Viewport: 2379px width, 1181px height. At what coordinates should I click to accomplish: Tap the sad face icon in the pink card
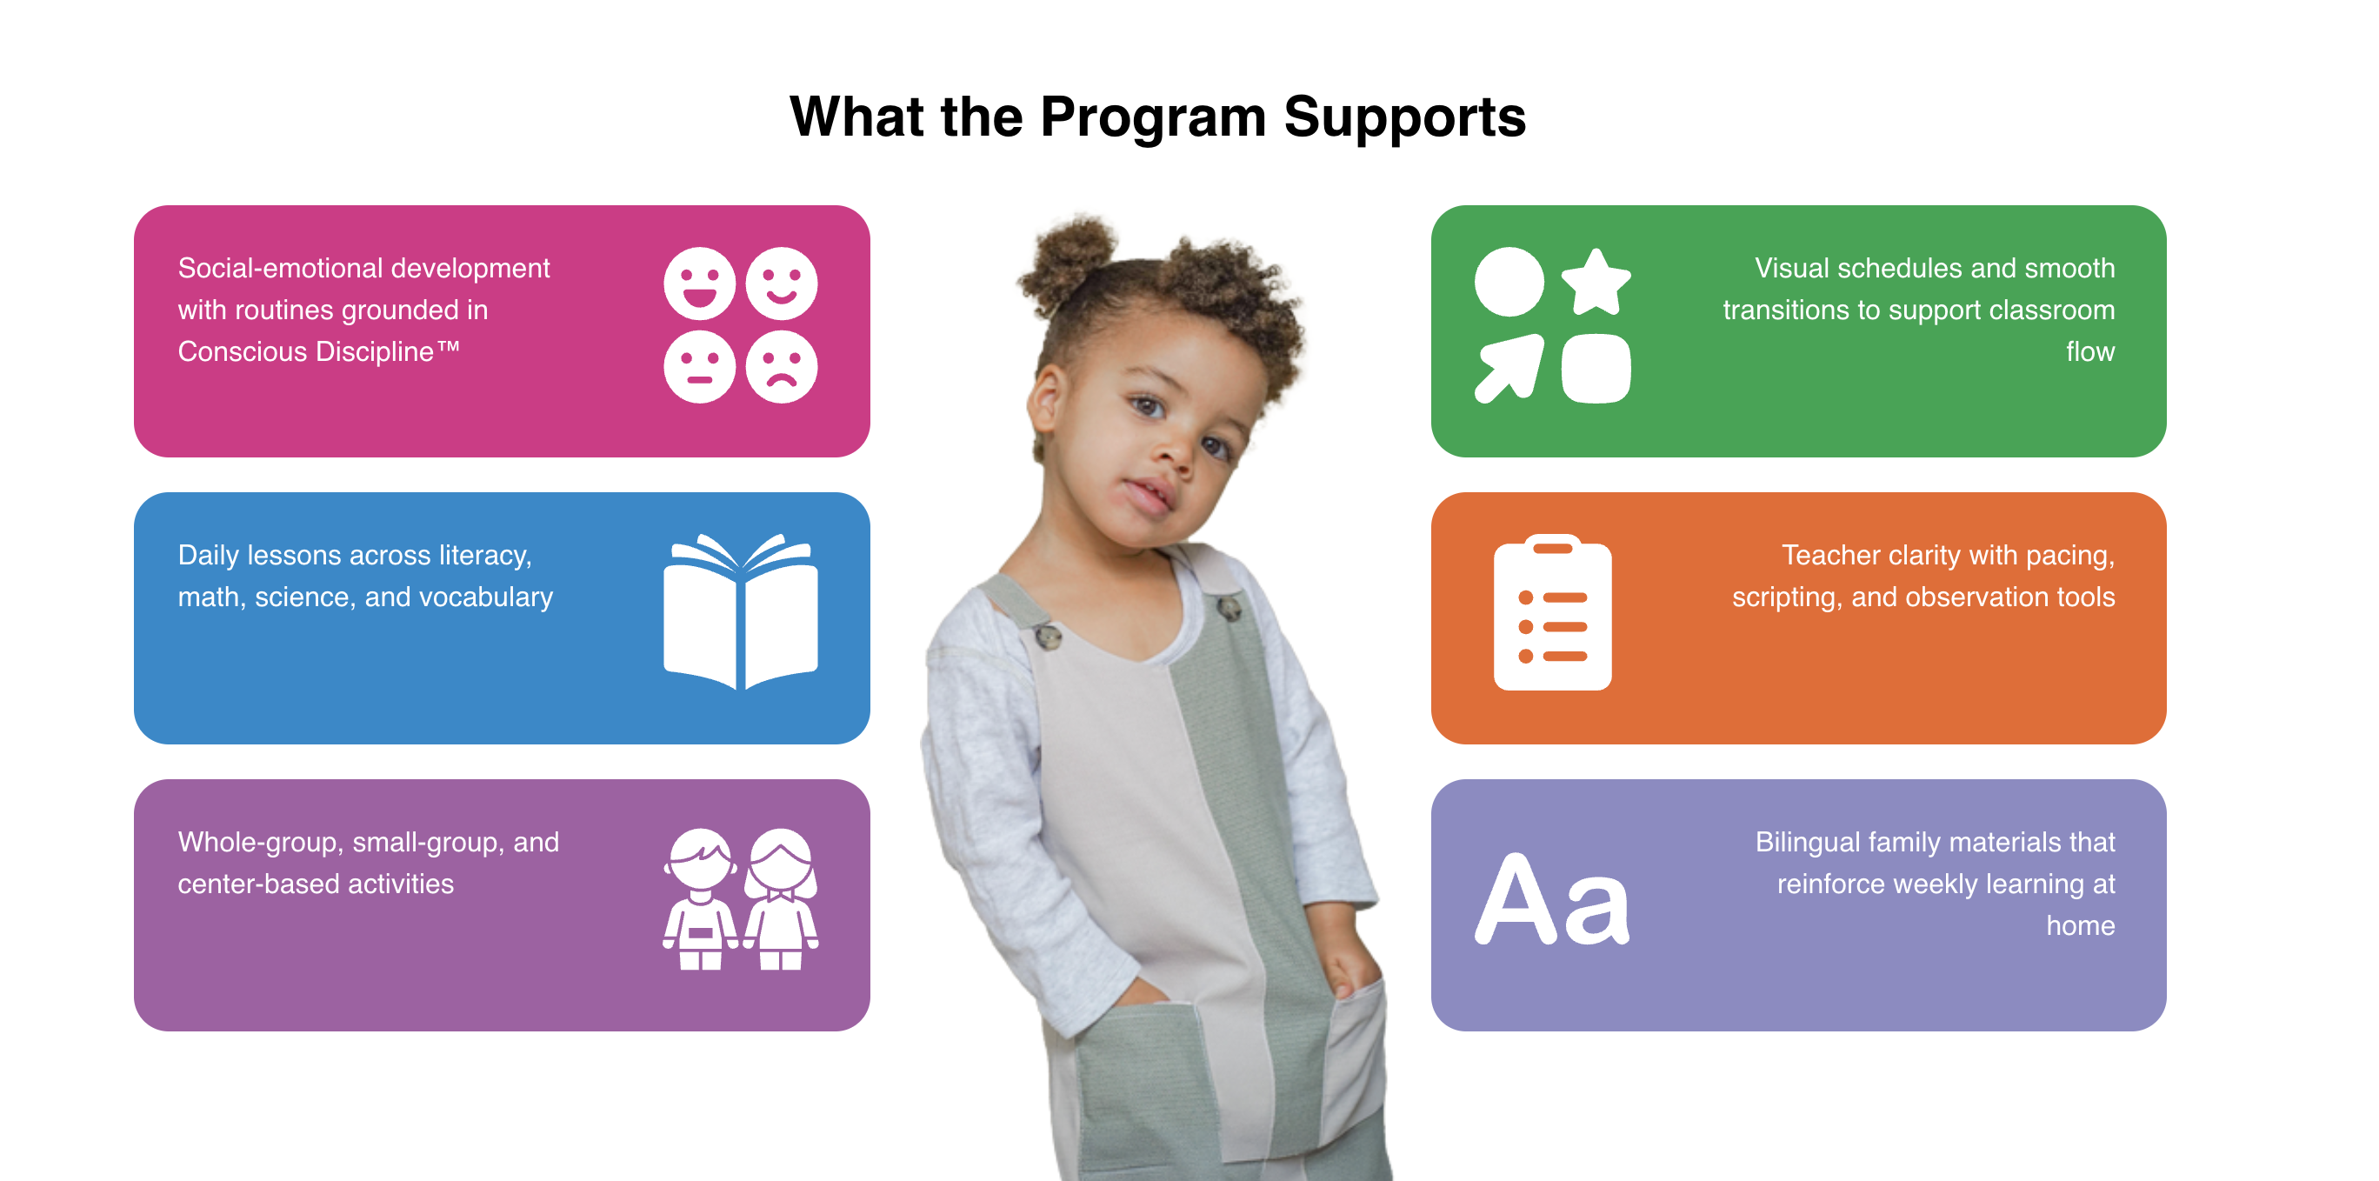[x=782, y=368]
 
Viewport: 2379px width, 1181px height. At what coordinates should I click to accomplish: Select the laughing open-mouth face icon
[x=699, y=284]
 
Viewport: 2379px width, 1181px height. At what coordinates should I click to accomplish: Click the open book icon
[x=741, y=611]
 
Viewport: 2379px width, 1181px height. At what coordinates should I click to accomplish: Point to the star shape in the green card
[x=1596, y=283]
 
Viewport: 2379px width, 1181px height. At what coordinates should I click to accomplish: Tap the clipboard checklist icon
[x=1552, y=611]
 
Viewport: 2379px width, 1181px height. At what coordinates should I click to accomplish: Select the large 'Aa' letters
[x=1552, y=899]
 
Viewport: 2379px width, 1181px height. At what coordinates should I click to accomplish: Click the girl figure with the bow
[x=782, y=898]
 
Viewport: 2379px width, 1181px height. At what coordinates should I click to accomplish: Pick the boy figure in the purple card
[x=700, y=898]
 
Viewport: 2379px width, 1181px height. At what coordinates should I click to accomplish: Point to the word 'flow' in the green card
[x=2090, y=352]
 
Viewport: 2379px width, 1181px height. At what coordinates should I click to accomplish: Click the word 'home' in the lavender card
[x=2080, y=925]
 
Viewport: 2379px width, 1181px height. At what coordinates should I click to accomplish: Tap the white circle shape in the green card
[x=1509, y=282]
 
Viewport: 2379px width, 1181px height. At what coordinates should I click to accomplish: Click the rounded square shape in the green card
[x=1596, y=368]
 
